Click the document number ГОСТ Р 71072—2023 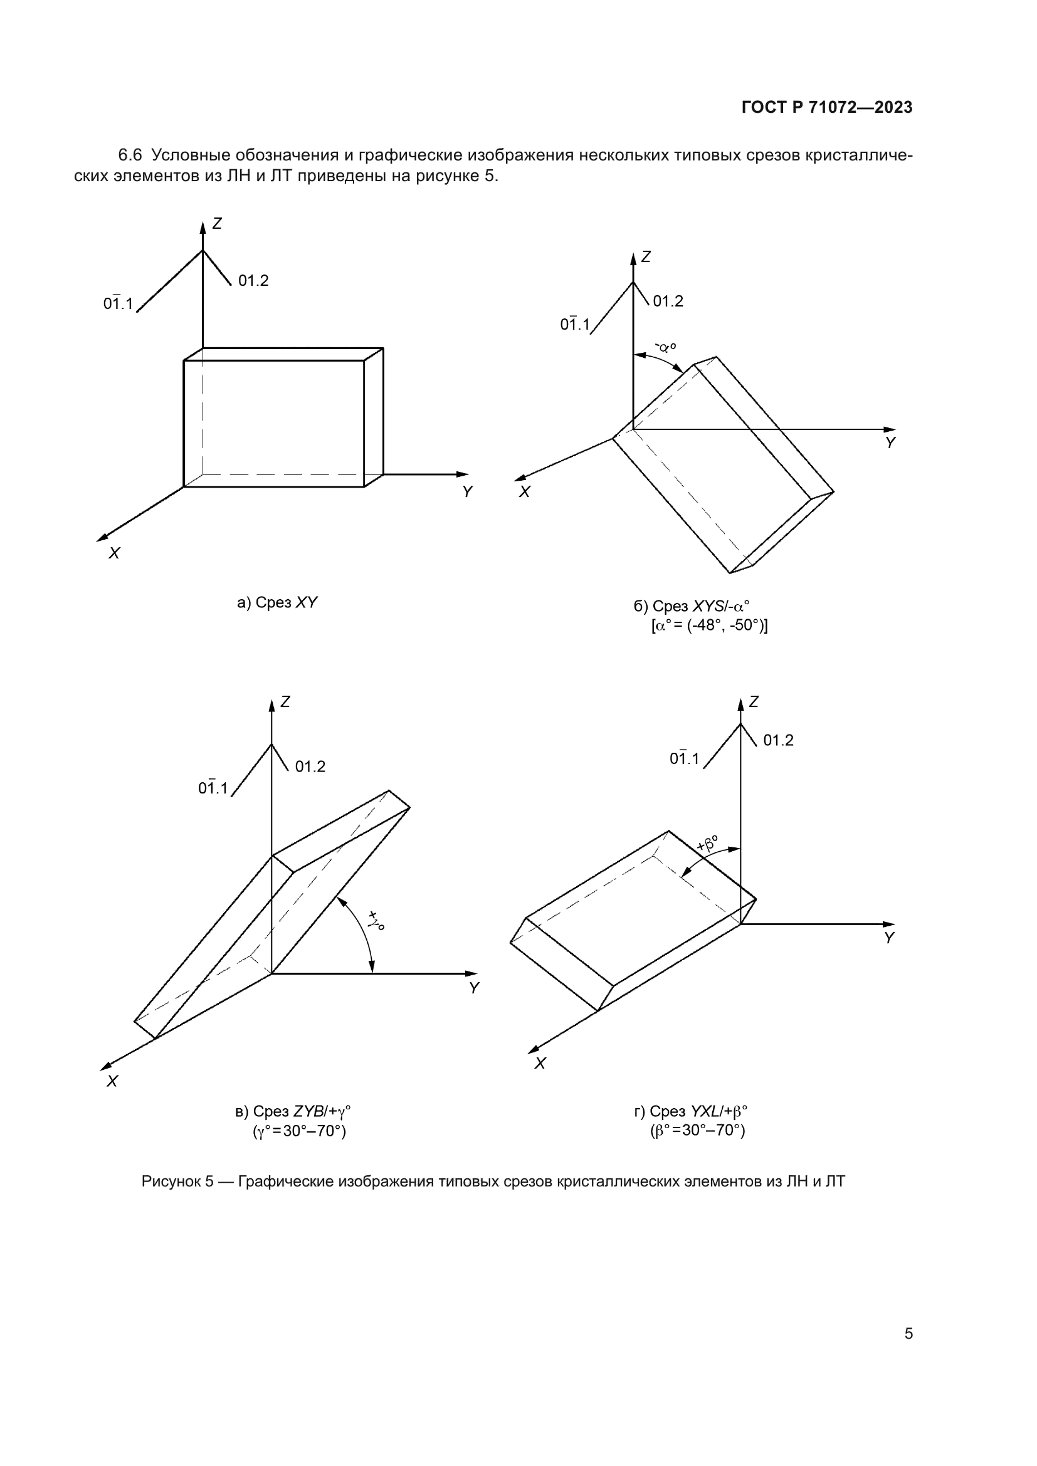click(827, 107)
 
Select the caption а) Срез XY click(277, 603)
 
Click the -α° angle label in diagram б click(666, 348)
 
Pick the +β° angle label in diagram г click(707, 844)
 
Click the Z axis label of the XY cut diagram click(217, 224)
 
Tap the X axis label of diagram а click(114, 553)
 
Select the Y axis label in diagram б click(891, 442)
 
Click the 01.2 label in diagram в click(310, 767)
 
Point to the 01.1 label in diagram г click(685, 758)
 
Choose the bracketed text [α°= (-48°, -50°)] click(709, 625)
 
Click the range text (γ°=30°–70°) click(300, 1131)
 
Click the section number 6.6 click(130, 155)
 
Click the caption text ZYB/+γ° click(322, 1112)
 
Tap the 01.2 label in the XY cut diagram click(253, 280)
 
